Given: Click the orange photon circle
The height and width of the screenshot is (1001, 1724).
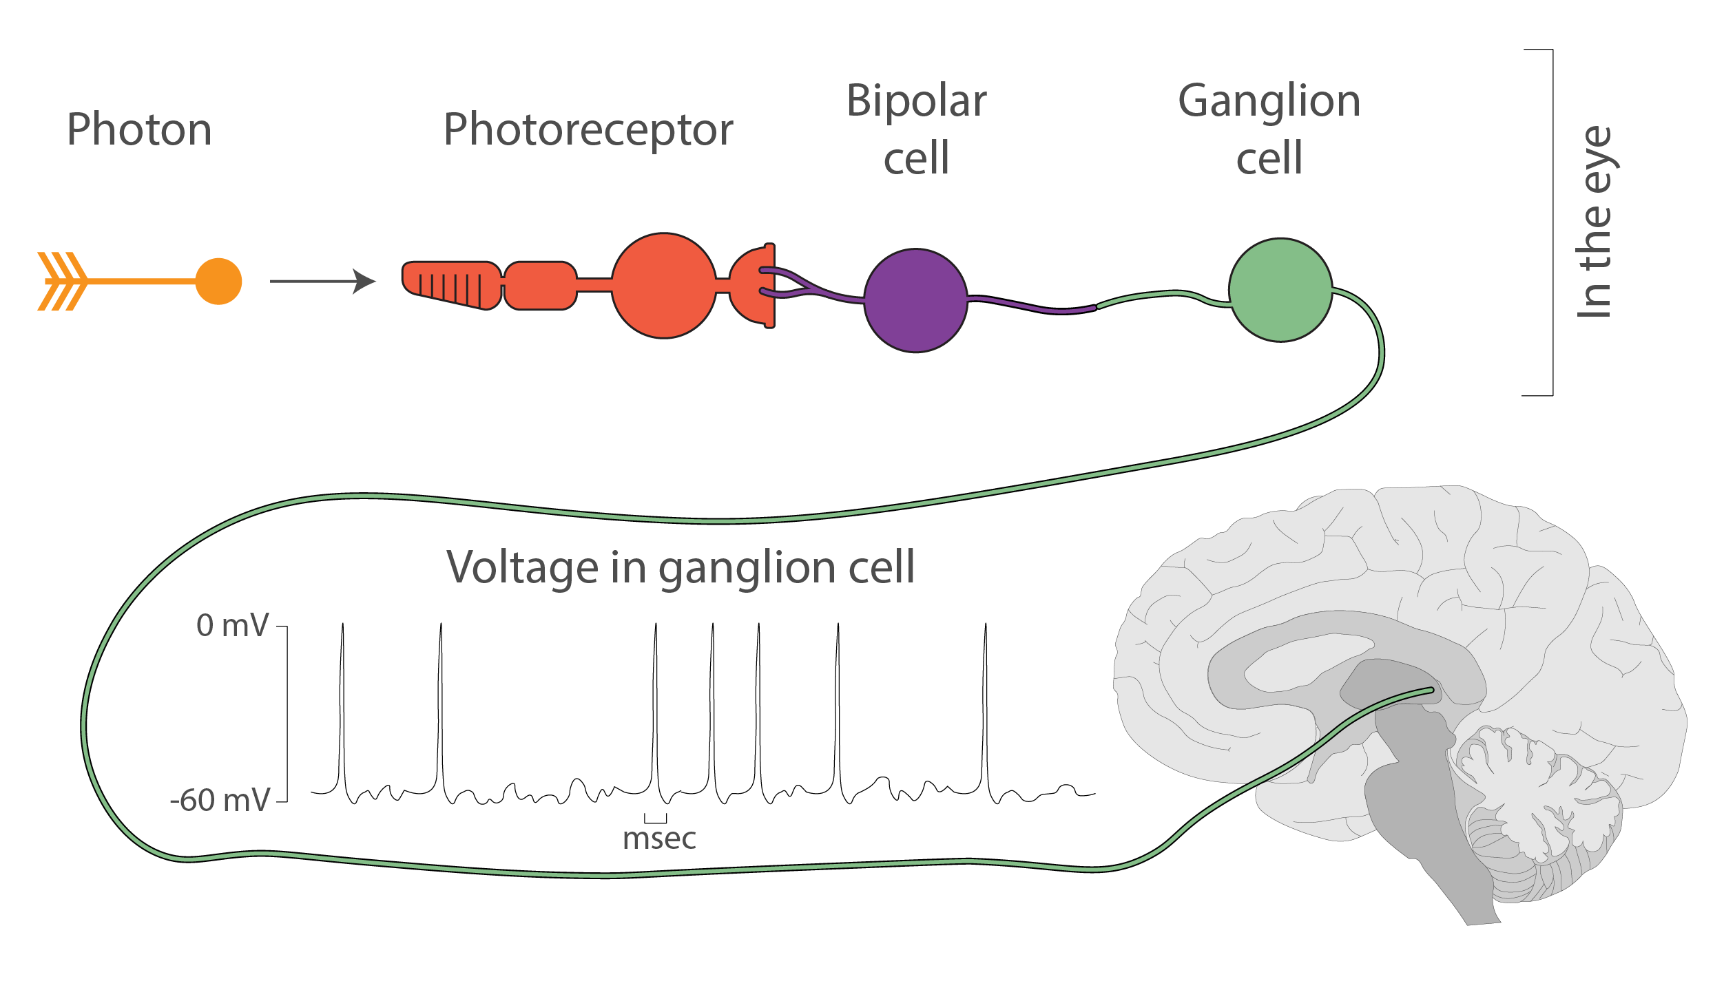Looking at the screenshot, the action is tap(218, 281).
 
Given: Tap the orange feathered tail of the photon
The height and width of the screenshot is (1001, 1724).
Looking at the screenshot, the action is tap(63, 281).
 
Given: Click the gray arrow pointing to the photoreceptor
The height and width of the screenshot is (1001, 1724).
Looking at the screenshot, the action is tap(322, 281).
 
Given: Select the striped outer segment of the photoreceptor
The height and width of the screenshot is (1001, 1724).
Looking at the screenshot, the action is tap(452, 285).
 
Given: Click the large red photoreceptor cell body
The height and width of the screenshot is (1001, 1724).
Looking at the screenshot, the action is tap(664, 286).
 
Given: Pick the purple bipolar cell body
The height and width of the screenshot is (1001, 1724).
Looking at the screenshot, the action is tap(915, 300).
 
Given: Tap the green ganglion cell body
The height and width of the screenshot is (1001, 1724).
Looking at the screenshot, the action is tap(1280, 290).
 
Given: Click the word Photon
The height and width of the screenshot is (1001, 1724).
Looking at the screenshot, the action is tap(139, 129).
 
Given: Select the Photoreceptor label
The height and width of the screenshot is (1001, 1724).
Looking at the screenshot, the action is tap(588, 131).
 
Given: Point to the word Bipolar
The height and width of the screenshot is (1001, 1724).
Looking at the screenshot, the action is tap(917, 101).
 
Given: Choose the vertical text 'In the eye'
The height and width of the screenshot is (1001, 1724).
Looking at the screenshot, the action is tap(1596, 222).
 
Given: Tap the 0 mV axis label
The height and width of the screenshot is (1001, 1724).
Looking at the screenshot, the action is tap(232, 625).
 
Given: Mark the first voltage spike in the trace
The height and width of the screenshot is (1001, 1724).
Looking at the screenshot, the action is tap(342, 709).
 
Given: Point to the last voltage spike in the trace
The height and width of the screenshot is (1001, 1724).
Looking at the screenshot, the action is tap(986, 709).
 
